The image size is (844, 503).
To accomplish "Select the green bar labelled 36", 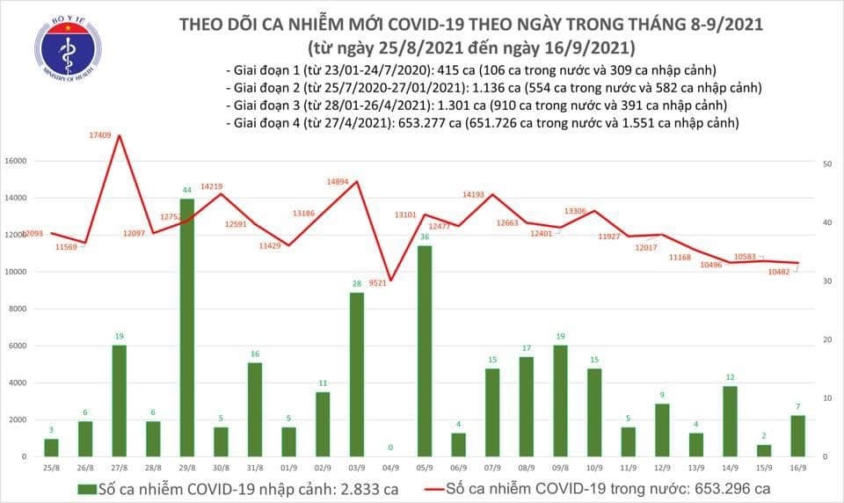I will point(425,351).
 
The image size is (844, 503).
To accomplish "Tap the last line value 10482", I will point(778,273).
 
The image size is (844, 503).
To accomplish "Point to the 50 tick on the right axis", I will point(827,164).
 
